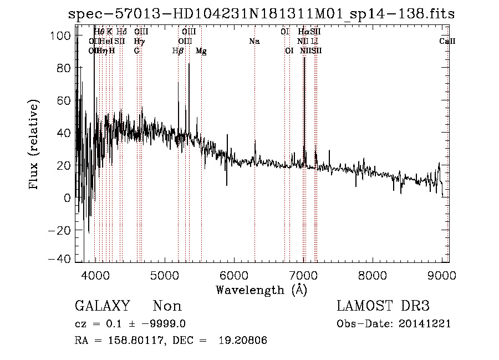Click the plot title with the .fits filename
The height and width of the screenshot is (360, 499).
[261, 14]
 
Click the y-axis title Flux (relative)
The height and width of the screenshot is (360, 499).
[34, 145]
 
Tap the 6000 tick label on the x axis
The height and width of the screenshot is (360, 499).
[233, 275]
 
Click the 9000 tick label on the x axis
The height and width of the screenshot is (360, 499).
[441, 275]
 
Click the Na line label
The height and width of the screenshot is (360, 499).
[254, 41]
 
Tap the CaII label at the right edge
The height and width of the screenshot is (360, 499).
[447, 41]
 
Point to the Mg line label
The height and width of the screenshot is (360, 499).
[201, 50]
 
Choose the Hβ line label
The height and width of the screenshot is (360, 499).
[178, 50]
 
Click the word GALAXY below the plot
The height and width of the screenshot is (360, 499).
[103, 306]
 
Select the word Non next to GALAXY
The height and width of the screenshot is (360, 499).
[167, 306]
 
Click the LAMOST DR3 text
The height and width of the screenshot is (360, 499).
[383, 306]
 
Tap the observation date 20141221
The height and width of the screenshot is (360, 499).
[427, 323]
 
